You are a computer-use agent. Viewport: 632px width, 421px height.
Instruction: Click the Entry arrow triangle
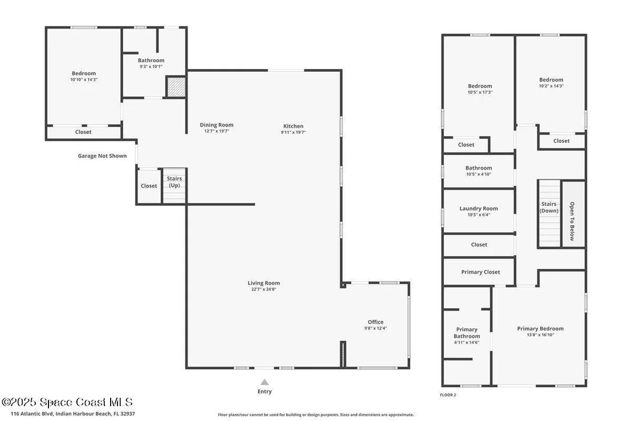pyautogui.click(x=265, y=382)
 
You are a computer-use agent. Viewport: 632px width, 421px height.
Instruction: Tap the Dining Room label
pyautogui.click(x=216, y=125)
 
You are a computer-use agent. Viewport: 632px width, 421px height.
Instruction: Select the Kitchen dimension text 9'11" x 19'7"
pyautogui.click(x=293, y=132)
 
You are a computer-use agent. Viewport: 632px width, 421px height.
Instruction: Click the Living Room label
pyautogui.click(x=264, y=283)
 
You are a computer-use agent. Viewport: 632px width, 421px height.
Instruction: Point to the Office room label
pyautogui.click(x=376, y=322)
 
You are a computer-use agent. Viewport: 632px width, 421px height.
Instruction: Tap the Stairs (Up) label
pyautogui.click(x=175, y=182)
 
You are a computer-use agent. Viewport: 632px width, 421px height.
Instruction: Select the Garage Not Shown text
pyautogui.click(x=102, y=156)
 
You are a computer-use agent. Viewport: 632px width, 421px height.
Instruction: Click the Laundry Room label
pyautogui.click(x=479, y=209)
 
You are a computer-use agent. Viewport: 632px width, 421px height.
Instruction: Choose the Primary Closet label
pyautogui.click(x=480, y=272)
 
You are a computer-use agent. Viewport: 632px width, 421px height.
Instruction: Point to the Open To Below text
pyautogui.click(x=572, y=221)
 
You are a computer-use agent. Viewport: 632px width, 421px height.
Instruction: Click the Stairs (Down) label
pyautogui.click(x=549, y=207)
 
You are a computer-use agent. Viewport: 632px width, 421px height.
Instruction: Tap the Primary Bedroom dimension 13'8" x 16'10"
pyautogui.click(x=541, y=335)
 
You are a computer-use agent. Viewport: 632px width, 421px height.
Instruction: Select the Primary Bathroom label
pyautogui.click(x=467, y=333)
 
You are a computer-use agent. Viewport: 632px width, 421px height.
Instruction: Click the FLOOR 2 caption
pyautogui.click(x=448, y=395)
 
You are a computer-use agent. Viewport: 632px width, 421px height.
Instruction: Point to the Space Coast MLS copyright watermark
pyautogui.click(x=67, y=402)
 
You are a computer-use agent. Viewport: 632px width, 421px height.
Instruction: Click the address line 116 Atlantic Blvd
pyautogui.click(x=73, y=414)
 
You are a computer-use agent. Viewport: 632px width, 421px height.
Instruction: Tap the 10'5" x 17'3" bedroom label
pyautogui.click(x=480, y=89)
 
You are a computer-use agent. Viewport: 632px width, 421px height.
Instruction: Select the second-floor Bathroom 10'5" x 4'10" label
pyautogui.click(x=479, y=171)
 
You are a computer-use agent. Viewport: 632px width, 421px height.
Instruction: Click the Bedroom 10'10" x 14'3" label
pyautogui.click(x=84, y=76)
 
